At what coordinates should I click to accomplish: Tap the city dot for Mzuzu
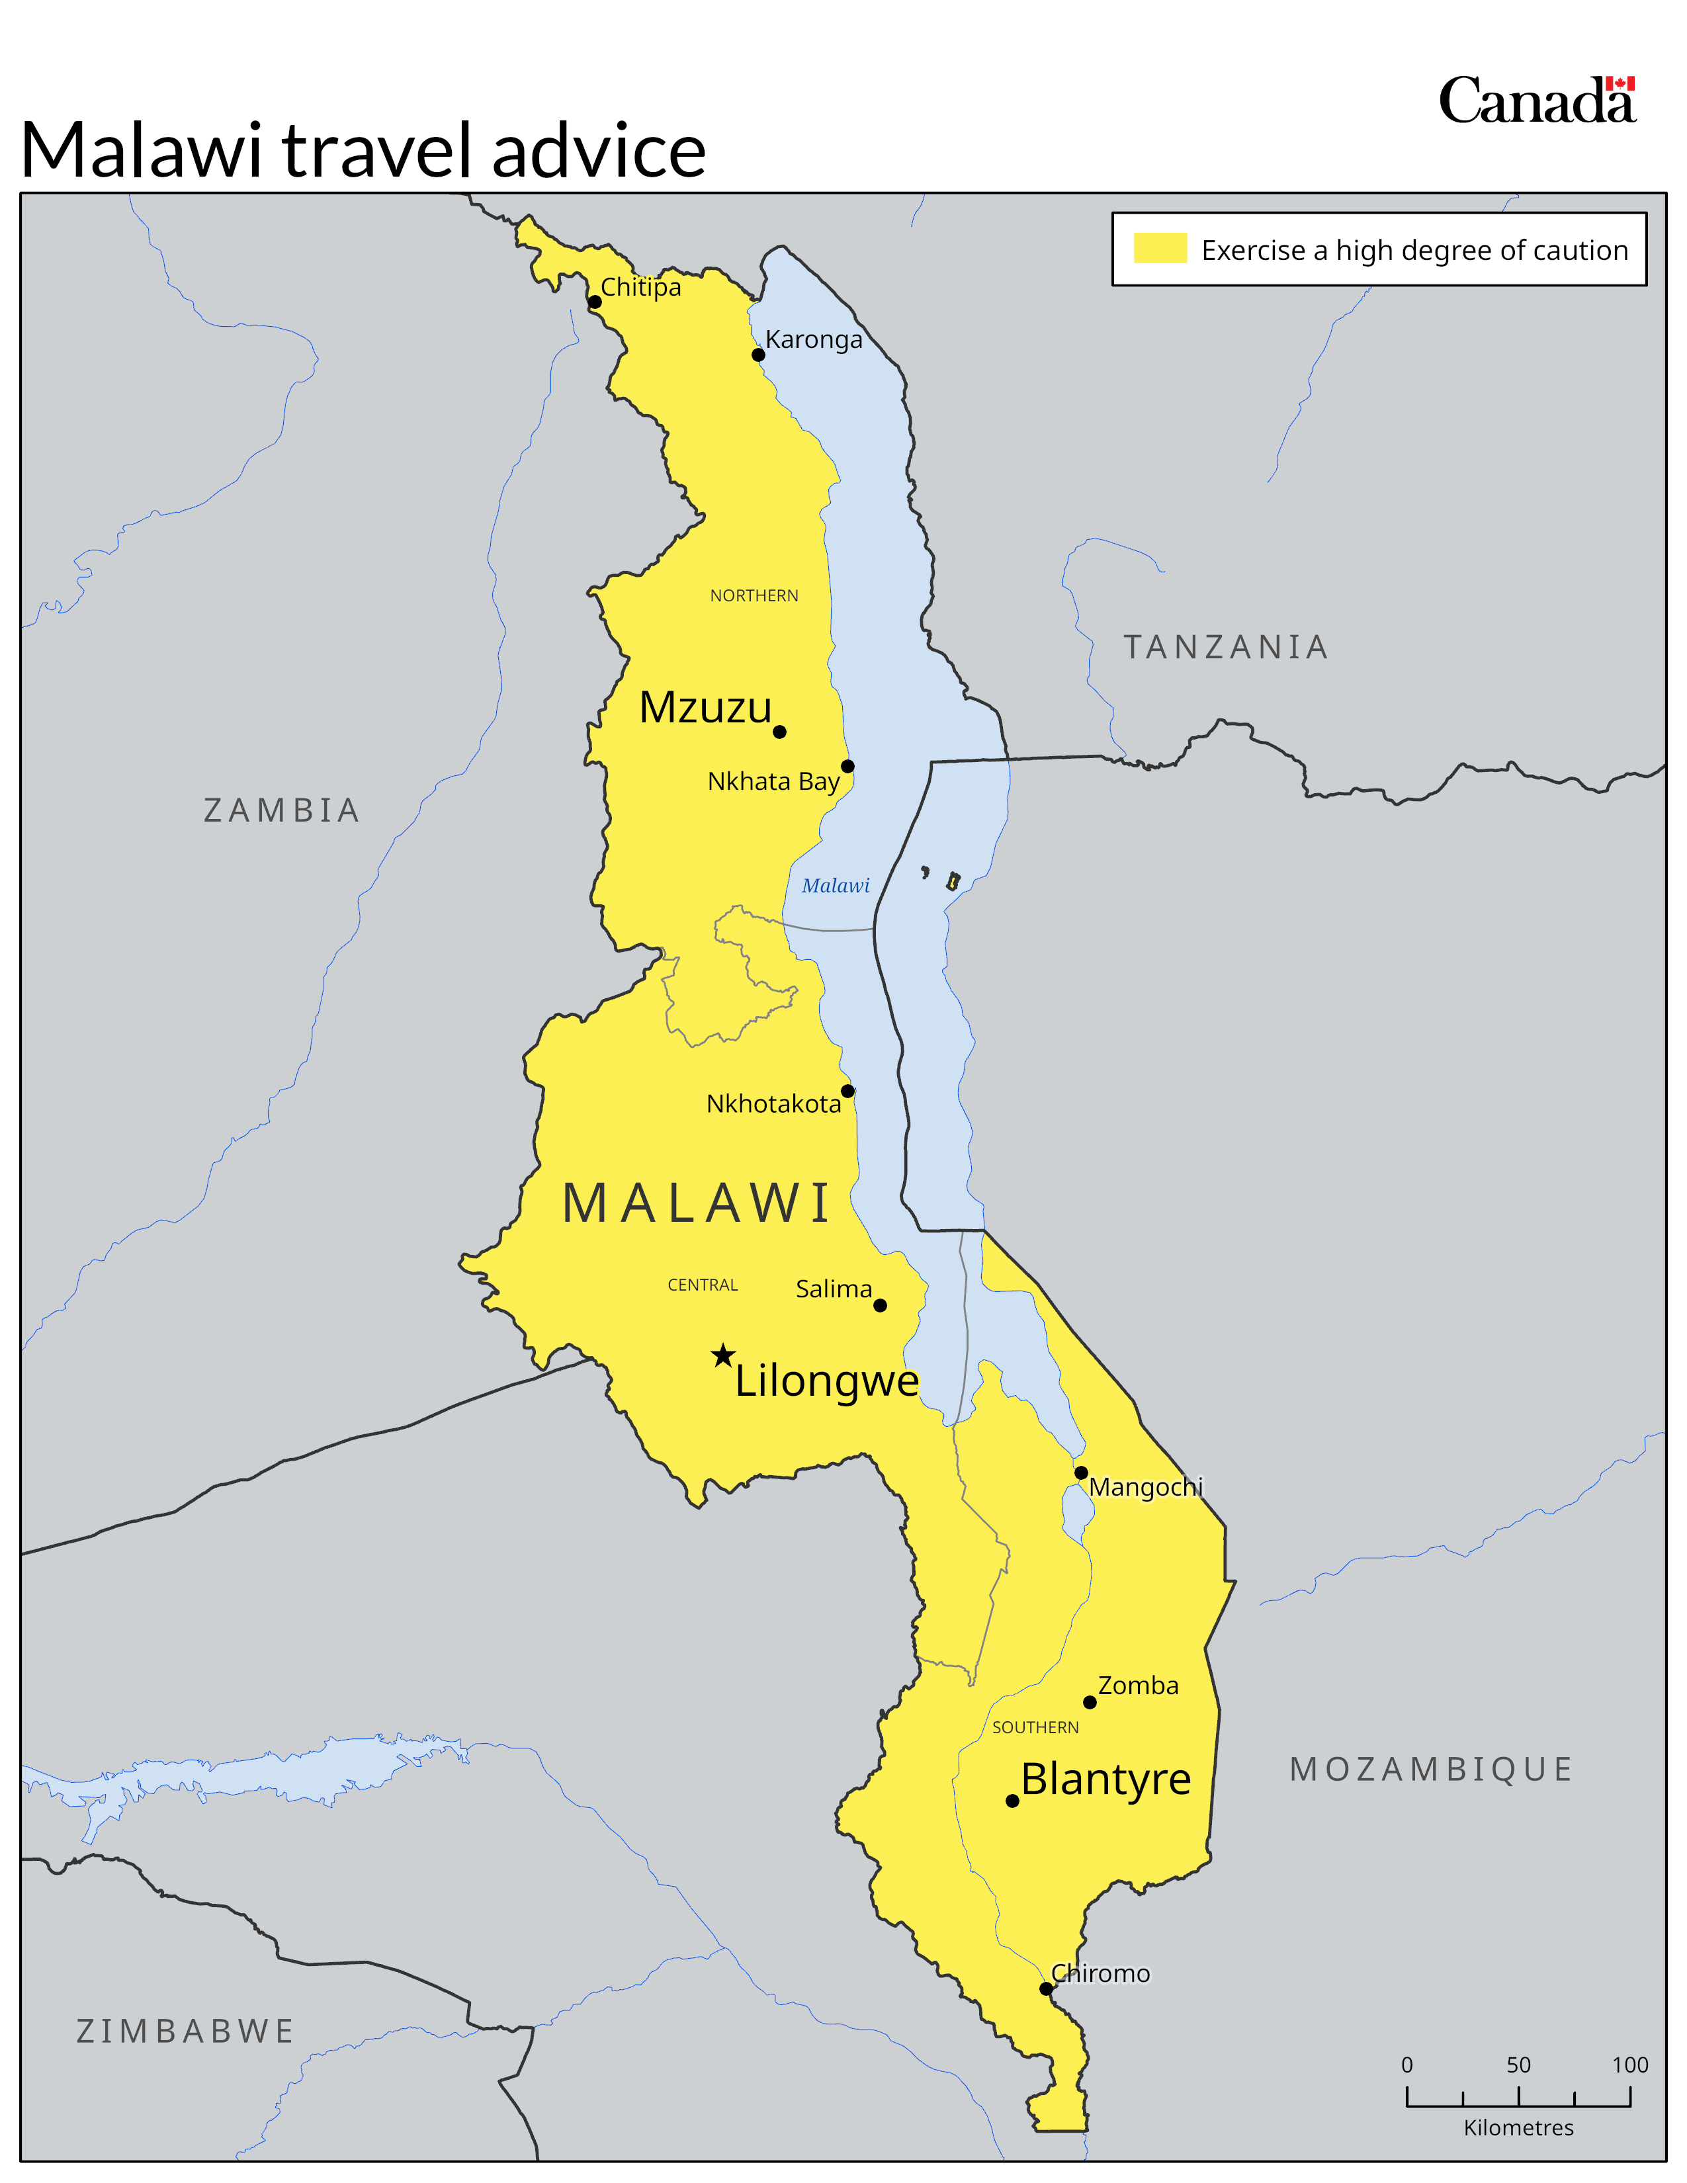(779, 732)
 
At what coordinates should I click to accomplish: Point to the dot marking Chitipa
(595, 302)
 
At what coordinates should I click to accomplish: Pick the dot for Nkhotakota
(847, 1090)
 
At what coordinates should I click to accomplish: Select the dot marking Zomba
(1090, 1702)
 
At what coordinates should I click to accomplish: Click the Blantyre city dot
(1012, 1801)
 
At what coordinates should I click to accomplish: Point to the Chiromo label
(1100, 1973)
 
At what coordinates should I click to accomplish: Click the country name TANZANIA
(1227, 647)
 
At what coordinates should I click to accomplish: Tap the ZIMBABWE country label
(186, 2031)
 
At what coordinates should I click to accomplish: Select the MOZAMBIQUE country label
(1431, 1769)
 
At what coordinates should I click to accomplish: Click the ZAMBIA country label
(282, 810)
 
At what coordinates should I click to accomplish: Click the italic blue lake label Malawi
(836, 886)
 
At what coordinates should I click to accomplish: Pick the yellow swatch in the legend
(1159, 248)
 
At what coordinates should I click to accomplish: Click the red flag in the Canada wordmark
(1620, 83)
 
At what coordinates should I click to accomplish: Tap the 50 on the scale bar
(1518, 2065)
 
